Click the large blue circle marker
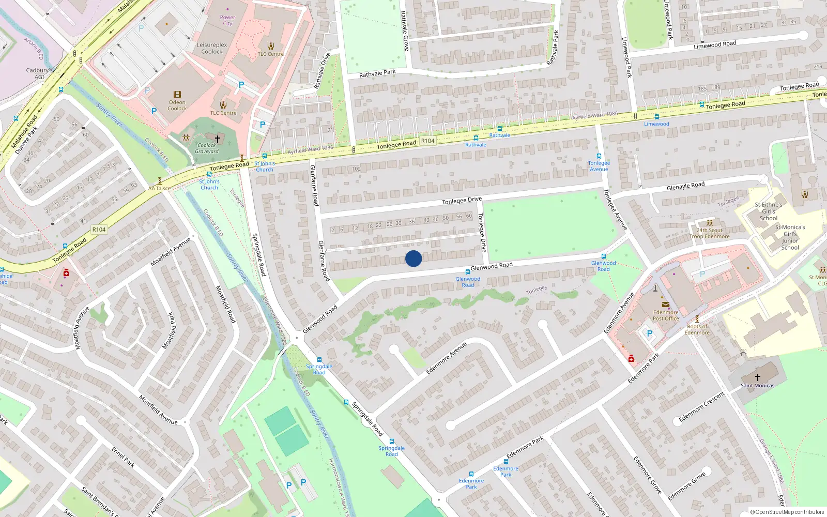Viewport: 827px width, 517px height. tap(413, 258)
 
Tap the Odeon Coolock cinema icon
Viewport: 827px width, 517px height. tap(177, 95)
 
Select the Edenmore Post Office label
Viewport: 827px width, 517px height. tap(666, 315)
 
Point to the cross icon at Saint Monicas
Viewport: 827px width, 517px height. tap(758, 377)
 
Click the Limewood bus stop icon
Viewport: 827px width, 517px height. tap(657, 117)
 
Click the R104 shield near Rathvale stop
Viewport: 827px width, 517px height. tap(428, 141)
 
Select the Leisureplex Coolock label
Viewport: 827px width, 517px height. tap(212, 48)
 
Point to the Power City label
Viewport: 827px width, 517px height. tap(227, 20)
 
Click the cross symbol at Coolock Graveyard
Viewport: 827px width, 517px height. tap(218, 139)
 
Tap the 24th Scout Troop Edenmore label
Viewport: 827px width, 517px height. tap(710, 234)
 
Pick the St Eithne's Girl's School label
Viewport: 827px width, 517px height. tap(769, 211)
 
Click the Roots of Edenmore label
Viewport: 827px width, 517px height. tap(697, 329)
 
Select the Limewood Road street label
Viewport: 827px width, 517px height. tap(715, 45)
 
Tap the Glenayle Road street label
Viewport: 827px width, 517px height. tap(686, 186)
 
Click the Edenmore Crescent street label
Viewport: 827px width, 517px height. tap(702, 407)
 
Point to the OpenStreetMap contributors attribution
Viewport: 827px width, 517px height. tap(787, 512)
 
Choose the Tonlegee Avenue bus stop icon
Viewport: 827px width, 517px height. tap(599, 156)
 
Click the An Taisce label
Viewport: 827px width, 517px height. tap(159, 189)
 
